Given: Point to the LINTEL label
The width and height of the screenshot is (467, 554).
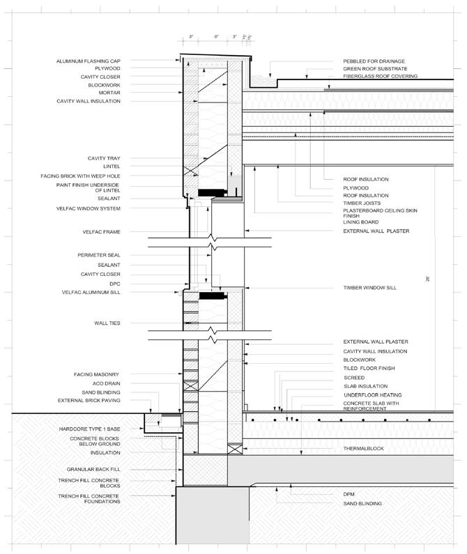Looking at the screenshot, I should click(112, 167).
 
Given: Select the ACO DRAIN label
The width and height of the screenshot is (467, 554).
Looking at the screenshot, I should click(107, 383).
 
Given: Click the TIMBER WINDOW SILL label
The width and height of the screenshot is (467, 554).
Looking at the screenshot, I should click(369, 287).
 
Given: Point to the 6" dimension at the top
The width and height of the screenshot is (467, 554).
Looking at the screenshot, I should click(217, 36).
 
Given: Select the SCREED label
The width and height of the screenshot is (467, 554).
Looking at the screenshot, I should click(354, 377).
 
